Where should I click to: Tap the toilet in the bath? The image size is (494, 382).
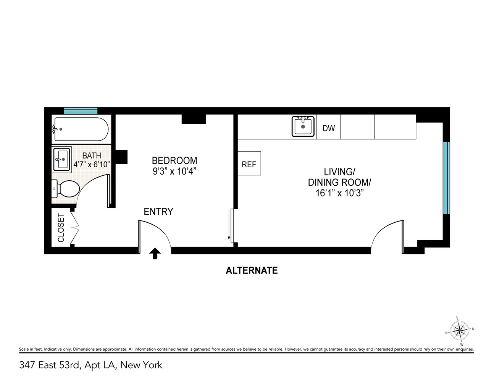tap(66, 189)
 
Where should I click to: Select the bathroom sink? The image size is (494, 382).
tap(61, 159)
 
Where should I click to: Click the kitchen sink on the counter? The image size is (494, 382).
tap(303, 126)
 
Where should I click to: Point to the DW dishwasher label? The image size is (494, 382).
tap(328, 128)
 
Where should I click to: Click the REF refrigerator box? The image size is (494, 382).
tap(249, 163)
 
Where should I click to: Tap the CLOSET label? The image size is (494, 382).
tap(61, 227)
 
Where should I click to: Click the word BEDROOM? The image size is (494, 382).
tap(174, 160)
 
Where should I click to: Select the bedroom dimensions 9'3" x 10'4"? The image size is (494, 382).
tap(174, 171)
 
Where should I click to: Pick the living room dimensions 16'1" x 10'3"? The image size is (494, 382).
tap(339, 193)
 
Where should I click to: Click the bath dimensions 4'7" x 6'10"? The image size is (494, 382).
tap(92, 164)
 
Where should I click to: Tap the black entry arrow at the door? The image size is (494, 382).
tap(155, 253)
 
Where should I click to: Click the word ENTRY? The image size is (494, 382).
tap(158, 212)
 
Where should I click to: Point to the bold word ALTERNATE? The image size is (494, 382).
tap(252, 270)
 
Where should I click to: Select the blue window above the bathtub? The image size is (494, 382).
tap(81, 111)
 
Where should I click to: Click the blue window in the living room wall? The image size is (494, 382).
tap(447, 178)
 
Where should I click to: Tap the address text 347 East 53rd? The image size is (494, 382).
tap(50, 365)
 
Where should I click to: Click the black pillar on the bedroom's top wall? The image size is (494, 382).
tap(194, 119)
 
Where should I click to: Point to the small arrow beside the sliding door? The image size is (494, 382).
tap(229, 225)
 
